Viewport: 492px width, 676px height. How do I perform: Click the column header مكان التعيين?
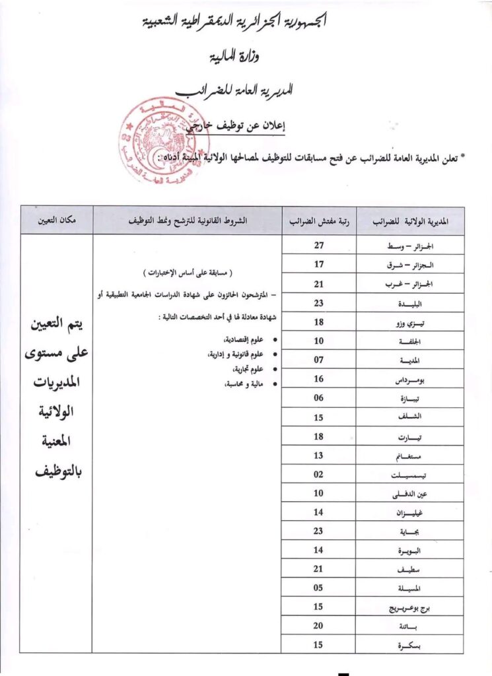click(56, 220)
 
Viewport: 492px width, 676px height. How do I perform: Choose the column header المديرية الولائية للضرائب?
click(410, 220)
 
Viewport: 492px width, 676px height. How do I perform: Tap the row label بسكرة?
click(410, 645)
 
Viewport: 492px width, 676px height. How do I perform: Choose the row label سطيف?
click(410, 569)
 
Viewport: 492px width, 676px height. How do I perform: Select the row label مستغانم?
click(410, 456)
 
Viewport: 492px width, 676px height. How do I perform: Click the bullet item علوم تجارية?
click(241, 368)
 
